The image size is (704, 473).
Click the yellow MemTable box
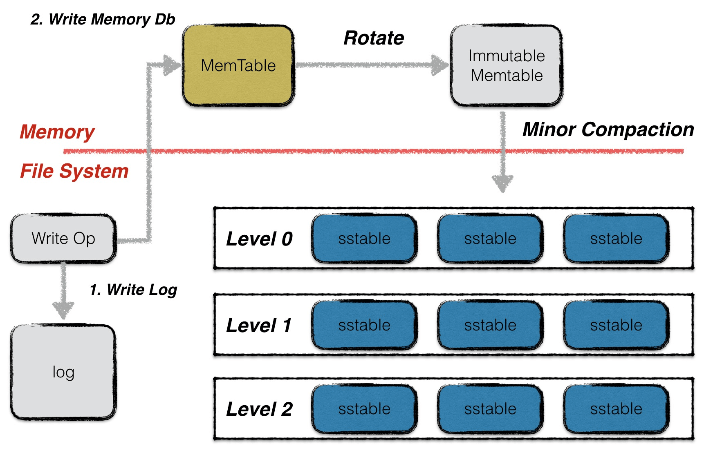tap(238, 65)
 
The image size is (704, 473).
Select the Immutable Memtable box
tap(507, 65)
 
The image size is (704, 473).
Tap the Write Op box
tap(63, 238)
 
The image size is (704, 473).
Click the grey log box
tap(63, 372)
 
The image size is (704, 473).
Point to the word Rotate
tap(374, 38)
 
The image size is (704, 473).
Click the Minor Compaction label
tap(608, 129)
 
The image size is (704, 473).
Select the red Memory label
tap(57, 132)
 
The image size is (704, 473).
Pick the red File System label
tap(74, 171)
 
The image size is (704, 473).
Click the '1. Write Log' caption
tap(133, 290)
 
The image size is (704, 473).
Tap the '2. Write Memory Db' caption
tap(103, 19)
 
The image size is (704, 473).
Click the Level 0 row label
tap(259, 239)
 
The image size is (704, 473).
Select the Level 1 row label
tap(259, 326)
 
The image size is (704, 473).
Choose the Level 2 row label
tap(259, 409)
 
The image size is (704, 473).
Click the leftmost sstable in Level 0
tap(364, 239)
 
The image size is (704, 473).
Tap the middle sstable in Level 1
tap(490, 325)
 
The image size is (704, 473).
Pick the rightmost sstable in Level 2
tap(616, 409)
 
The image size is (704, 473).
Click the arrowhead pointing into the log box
tap(63, 309)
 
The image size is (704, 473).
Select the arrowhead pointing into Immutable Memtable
tap(440, 65)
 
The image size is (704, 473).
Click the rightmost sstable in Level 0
tap(616, 239)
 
